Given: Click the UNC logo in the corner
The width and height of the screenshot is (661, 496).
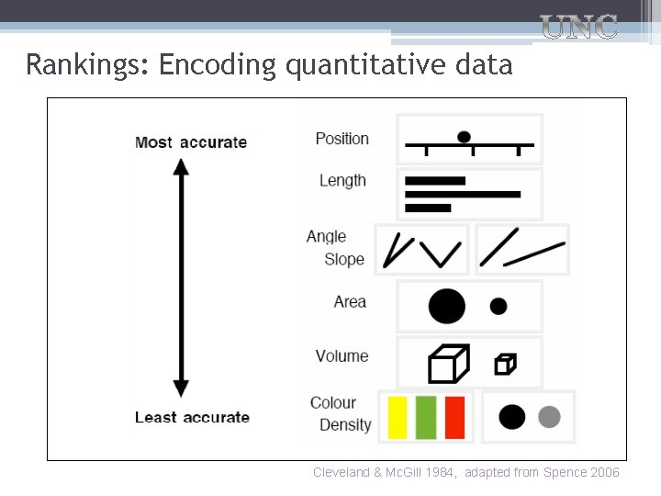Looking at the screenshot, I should (578, 27).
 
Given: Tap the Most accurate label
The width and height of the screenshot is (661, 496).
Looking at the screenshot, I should (191, 142).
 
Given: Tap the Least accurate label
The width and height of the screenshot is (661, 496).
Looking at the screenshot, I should (192, 417).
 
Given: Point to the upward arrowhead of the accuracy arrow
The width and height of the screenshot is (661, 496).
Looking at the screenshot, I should (181, 167).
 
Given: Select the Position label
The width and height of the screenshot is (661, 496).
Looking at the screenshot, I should (342, 139).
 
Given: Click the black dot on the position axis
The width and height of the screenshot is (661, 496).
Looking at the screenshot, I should (465, 137).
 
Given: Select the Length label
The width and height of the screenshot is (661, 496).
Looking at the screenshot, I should (342, 181).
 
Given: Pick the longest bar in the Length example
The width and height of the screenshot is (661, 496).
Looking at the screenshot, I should (463, 195).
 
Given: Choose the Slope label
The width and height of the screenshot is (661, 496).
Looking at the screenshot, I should (344, 259).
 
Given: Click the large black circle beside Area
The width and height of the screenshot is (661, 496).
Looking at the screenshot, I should (446, 306).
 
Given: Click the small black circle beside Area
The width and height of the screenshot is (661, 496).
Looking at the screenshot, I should (499, 306).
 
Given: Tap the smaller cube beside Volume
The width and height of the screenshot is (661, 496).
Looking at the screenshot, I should (505, 365).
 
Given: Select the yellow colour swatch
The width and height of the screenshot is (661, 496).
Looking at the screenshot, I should (398, 417).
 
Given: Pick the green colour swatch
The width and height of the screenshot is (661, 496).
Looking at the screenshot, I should (426, 417).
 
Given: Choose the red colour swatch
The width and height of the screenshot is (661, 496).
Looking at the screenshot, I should (454, 417).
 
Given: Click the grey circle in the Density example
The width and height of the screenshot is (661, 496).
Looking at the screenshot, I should (548, 417).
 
